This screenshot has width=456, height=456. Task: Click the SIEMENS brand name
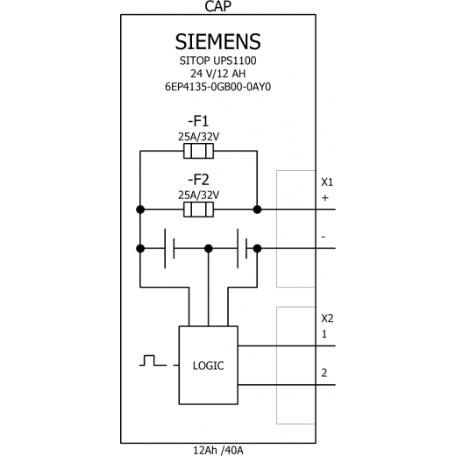point(217,41)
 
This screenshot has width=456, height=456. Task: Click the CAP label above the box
point(217,6)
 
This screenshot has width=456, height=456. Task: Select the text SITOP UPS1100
point(217,61)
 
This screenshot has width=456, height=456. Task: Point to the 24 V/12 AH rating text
point(217,74)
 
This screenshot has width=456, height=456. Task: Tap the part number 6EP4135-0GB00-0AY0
point(217,87)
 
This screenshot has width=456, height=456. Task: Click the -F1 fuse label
point(198,121)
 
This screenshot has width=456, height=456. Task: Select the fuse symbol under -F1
point(198,151)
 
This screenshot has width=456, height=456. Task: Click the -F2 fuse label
point(198,180)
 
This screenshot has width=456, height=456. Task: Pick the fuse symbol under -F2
point(198,210)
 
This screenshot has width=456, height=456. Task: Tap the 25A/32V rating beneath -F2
point(198,195)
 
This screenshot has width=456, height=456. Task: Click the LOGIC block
point(209,366)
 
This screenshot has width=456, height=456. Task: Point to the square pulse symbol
point(153,360)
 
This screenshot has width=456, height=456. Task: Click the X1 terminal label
point(327,182)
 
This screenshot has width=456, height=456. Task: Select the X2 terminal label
point(327,318)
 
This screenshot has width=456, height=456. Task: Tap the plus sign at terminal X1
point(325,198)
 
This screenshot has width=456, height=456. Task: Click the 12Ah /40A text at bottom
point(218,450)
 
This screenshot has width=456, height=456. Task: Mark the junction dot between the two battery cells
point(209,248)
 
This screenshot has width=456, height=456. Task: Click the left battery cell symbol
point(169,248)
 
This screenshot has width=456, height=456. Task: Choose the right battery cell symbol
point(242,248)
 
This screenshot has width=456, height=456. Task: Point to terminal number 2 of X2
point(324,373)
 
